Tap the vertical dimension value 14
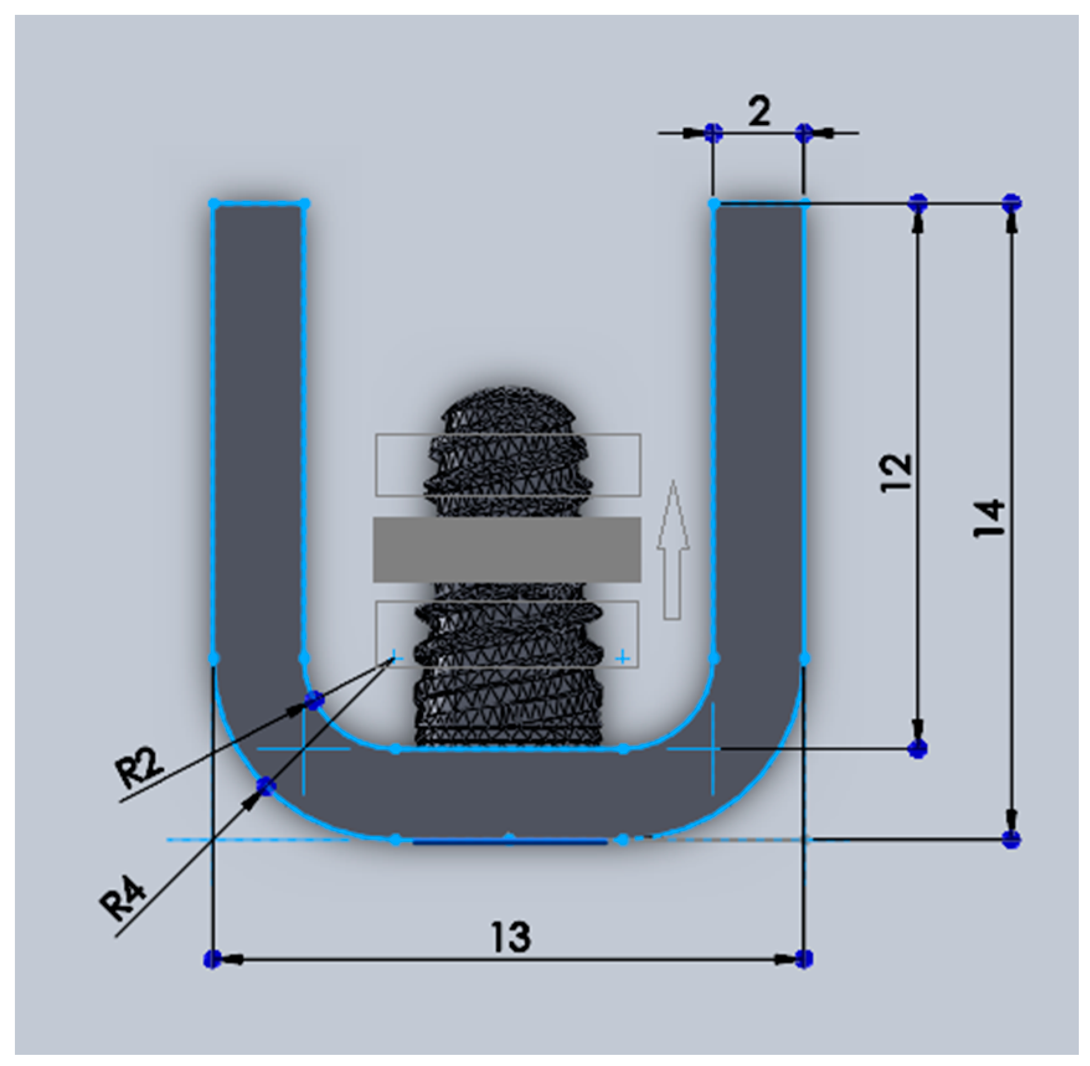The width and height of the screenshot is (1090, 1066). (x=989, y=518)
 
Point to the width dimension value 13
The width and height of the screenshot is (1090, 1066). (x=510, y=936)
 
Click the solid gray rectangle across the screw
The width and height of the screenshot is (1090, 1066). (x=506, y=549)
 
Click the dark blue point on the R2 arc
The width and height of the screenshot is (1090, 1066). (x=315, y=701)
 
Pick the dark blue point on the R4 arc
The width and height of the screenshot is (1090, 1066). (x=266, y=786)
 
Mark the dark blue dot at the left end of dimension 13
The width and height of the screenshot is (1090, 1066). (x=212, y=959)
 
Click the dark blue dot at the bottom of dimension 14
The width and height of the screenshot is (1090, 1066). (x=1011, y=840)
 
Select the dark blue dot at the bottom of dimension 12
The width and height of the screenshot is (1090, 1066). (x=918, y=748)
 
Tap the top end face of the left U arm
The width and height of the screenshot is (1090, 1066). (x=258, y=203)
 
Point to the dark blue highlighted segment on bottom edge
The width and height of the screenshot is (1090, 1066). (x=509, y=841)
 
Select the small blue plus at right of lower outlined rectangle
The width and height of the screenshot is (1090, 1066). (x=623, y=657)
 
